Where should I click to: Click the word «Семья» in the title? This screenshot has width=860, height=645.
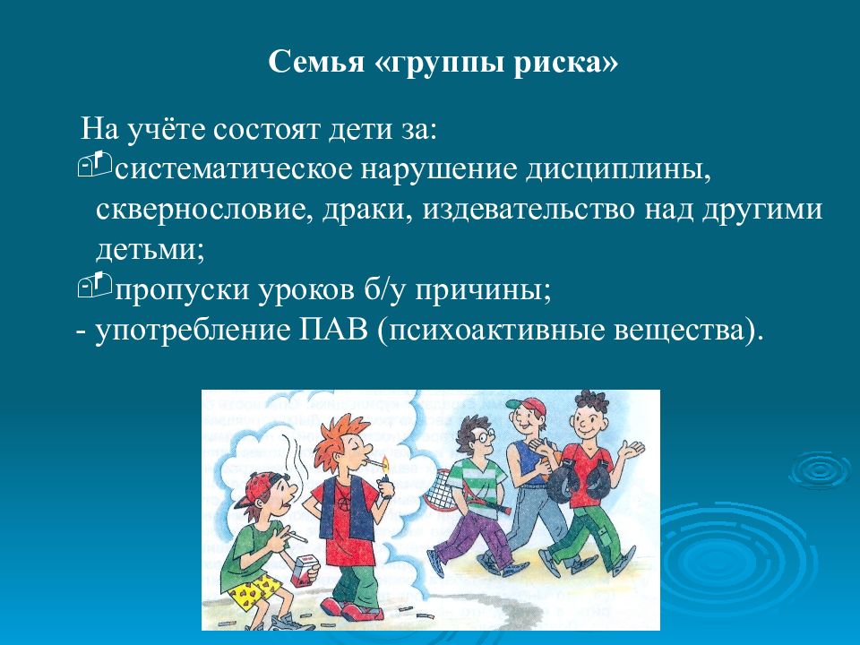point(316,62)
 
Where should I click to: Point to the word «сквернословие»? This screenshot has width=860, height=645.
point(199,209)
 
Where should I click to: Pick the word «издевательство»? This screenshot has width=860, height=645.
point(528,210)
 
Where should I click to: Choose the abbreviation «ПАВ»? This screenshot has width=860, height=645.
point(333,331)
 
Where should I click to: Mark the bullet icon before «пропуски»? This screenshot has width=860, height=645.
point(94,285)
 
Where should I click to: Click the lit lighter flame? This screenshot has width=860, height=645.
point(385,464)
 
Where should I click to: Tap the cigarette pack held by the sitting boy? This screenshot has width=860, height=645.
point(305,571)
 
